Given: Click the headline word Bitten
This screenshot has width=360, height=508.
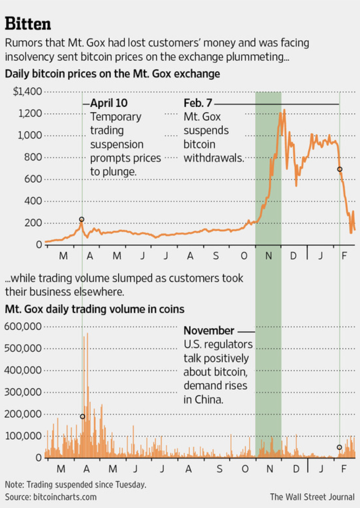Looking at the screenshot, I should (28, 24).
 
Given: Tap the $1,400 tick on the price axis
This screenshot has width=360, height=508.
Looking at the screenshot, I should (28, 92).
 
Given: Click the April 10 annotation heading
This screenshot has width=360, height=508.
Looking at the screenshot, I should (109, 103).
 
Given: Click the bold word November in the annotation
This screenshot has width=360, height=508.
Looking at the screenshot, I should (209, 331).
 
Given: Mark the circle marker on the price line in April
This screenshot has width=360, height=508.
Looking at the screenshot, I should (82, 219).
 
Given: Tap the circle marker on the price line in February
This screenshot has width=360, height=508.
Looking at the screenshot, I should (339, 169).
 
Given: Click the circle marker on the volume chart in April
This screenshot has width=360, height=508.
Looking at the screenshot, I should (82, 417).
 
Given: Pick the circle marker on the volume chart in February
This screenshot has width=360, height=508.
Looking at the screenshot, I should (339, 447).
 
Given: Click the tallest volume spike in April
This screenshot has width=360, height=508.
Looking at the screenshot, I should (87, 334).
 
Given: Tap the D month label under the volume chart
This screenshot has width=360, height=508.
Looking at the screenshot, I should (296, 469).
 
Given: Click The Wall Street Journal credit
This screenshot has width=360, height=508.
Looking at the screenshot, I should (313, 496).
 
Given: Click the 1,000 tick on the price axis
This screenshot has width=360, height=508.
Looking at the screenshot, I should (29, 135).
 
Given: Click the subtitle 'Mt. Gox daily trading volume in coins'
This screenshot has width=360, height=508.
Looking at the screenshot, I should (94, 309).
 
